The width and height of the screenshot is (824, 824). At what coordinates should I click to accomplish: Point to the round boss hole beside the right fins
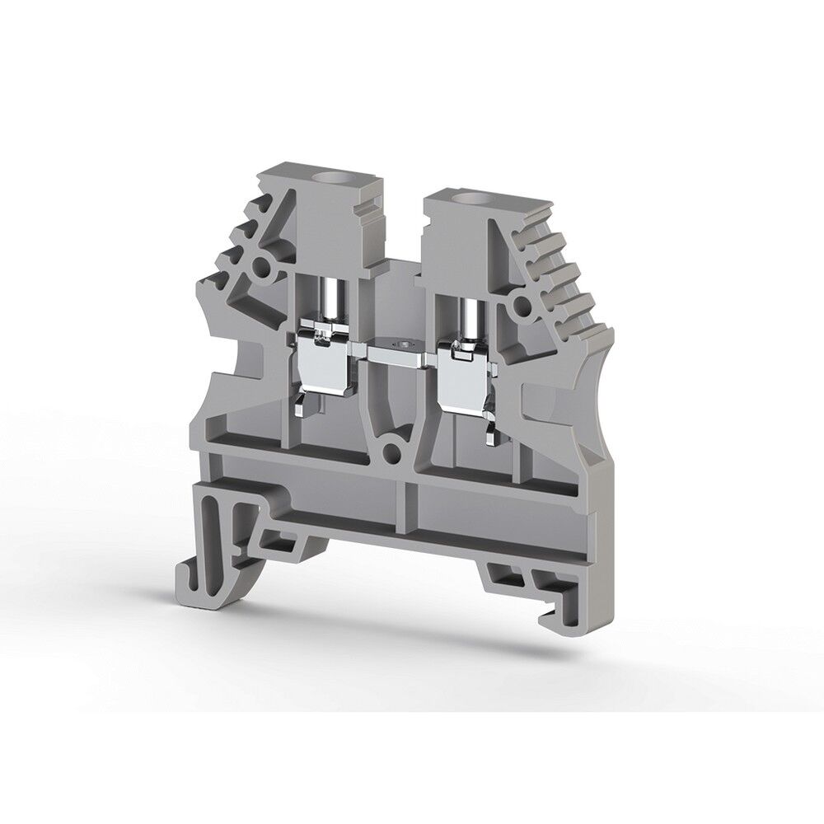point(521,307)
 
